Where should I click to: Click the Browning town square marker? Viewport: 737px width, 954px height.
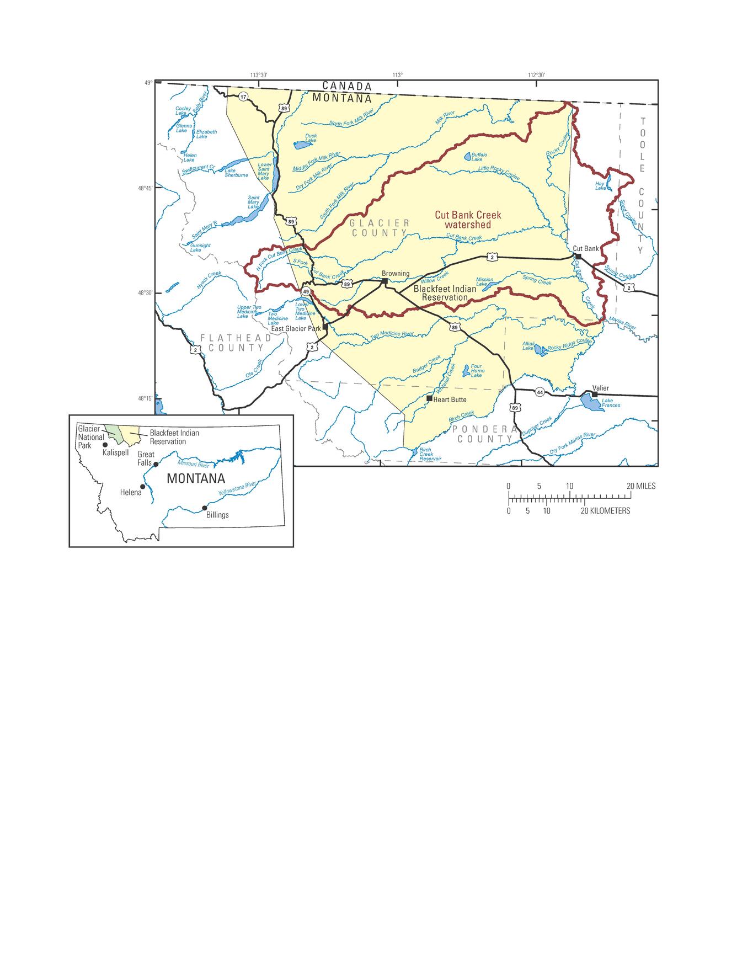point(384,281)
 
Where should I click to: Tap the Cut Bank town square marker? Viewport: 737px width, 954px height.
point(578,257)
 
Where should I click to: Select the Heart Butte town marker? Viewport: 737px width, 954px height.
point(429,398)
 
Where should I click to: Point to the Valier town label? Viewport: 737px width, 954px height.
point(600,388)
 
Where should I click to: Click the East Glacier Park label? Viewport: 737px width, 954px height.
point(296,328)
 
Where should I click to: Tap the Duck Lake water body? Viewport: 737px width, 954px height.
point(301,146)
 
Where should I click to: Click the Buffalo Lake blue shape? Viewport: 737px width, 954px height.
point(468,157)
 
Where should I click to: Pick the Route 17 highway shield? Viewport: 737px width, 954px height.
point(243,97)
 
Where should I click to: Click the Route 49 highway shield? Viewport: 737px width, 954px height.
point(305,291)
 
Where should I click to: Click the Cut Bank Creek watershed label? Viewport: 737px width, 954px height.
point(468,220)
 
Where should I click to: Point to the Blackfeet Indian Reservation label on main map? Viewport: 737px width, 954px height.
point(445,293)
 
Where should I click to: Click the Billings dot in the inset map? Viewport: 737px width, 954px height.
point(205,508)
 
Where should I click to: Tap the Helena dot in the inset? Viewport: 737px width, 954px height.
point(143,487)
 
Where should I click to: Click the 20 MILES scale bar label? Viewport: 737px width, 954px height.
point(641,486)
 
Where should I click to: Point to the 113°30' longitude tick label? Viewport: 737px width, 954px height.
point(258,75)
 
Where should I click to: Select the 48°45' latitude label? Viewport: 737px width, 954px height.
point(145,188)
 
